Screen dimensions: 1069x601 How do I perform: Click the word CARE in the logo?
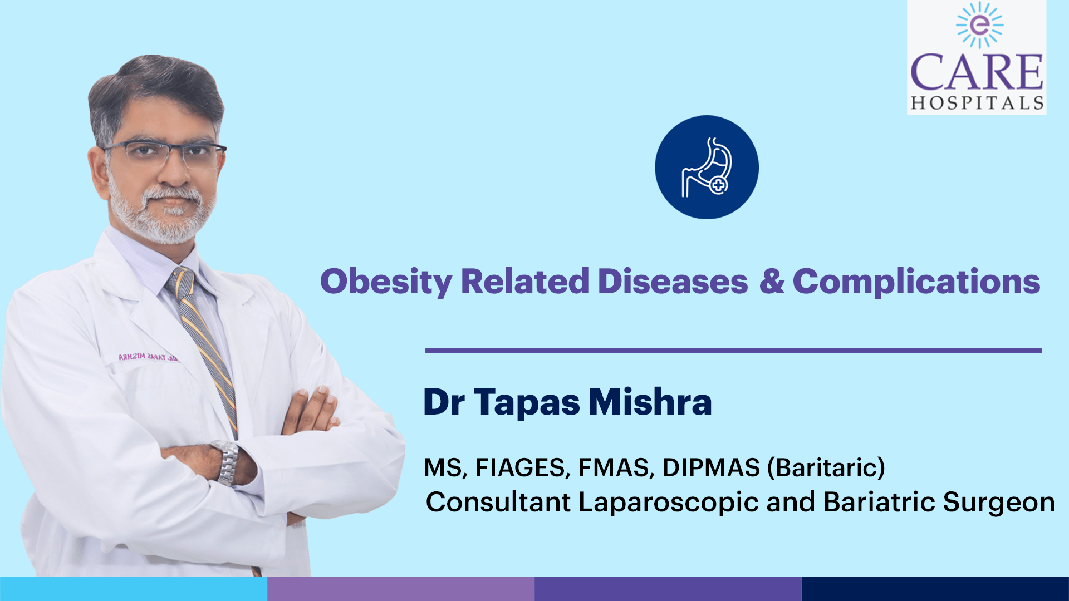coord(977,72)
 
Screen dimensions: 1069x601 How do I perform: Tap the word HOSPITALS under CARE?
coord(977,103)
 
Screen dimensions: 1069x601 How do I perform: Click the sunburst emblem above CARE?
coord(979,25)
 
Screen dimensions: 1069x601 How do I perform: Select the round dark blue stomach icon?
coord(707,167)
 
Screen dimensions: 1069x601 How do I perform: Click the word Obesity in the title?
coord(386,282)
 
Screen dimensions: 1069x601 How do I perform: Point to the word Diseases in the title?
coord(673,281)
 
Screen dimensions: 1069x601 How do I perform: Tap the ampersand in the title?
coord(772,281)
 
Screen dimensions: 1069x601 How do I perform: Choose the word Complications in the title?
coord(916,282)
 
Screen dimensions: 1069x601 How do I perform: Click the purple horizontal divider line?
coord(733,351)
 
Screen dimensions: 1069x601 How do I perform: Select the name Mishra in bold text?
coord(650,401)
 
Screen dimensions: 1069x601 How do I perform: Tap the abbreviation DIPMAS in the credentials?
coord(711,467)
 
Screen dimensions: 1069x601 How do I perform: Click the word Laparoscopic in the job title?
coord(669,503)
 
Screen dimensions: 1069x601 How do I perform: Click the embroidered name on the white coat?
coord(148,357)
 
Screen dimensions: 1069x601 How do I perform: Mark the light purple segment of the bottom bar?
coord(401,589)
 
